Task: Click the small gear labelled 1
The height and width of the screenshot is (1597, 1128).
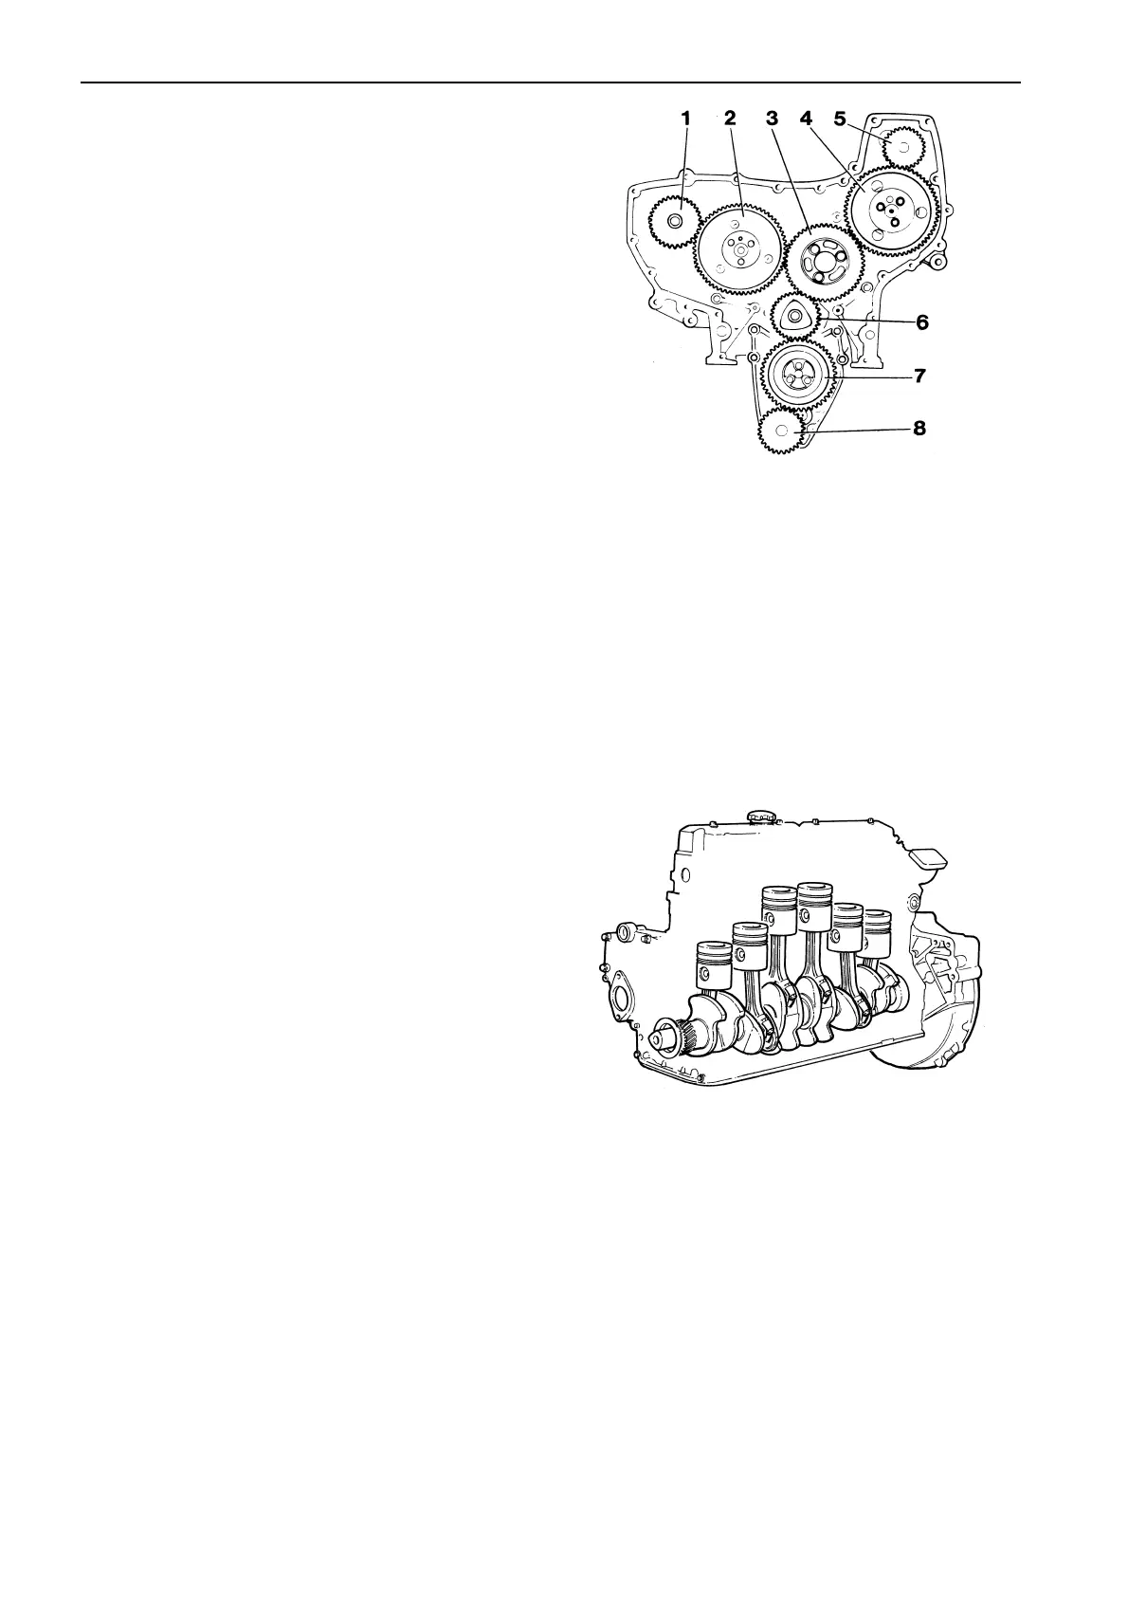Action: point(673,222)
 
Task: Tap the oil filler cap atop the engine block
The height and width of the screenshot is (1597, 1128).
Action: point(759,816)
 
